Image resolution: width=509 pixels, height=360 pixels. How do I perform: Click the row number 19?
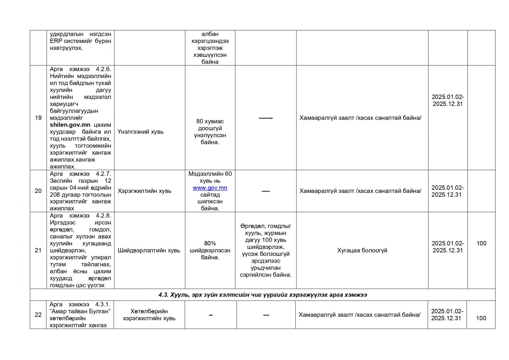pyautogui.click(x=38, y=118)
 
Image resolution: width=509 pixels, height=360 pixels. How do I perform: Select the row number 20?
pyautogui.click(x=38, y=191)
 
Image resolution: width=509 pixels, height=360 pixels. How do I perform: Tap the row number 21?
pyautogui.click(x=38, y=251)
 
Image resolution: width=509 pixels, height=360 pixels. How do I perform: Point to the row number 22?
pyautogui.click(x=38, y=315)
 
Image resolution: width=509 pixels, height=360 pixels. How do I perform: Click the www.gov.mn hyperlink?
pyautogui.click(x=210, y=188)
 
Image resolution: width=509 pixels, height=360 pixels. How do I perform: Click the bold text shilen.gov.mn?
pyautogui.click(x=70, y=125)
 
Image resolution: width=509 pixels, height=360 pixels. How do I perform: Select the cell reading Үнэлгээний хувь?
pyautogui.click(x=141, y=132)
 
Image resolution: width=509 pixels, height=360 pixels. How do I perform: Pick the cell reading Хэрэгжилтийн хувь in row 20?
pyautogui.click(x=144, y=191)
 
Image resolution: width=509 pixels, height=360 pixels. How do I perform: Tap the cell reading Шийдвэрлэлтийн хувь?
pyautogui.click(x=149, y=251)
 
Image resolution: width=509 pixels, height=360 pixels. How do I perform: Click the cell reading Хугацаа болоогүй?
pyautogui.click(x=362, y=251)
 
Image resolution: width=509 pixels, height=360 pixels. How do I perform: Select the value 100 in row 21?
pyautogui.click(x=481, y=244)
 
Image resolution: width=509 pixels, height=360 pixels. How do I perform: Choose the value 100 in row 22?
pyautogui.click(x=481, y=318)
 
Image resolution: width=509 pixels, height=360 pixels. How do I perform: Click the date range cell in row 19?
pyautogui.click(x=448, y=100)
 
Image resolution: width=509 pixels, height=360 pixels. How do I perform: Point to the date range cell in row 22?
pyautogui.click(x=447, y=314)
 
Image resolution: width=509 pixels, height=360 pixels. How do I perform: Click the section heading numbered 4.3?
pyautogui.click(x=262, y=295)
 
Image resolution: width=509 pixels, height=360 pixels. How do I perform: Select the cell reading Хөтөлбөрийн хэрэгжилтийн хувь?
pyautogui.click(x=149, y=314)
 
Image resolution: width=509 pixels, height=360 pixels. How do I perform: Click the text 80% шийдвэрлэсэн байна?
pyautogui.click(x=210, y=251)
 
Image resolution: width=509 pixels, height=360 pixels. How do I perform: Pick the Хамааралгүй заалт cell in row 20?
pyautogui.click(x=360, y=191)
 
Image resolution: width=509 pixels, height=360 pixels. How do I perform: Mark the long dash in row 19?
pyautogui.click(x=266, y=118)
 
